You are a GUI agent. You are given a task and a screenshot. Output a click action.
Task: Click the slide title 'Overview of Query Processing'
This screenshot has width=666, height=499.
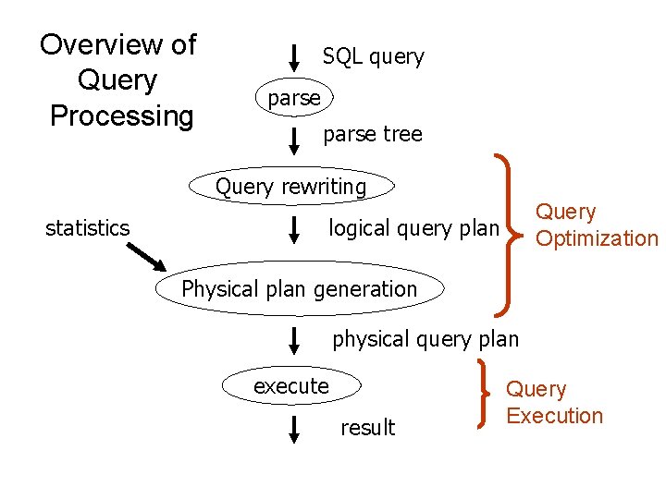pyautogui.click(x=119, y=80)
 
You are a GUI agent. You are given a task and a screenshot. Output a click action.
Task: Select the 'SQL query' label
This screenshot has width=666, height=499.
pyautogui.click(x=373, y=57)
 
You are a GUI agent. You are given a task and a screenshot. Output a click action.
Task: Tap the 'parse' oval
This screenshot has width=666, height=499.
pyautogui.click(x=293, y=98)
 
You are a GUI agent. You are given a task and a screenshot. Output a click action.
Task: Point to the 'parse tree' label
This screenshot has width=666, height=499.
pyautogui.click(x=372, y=135)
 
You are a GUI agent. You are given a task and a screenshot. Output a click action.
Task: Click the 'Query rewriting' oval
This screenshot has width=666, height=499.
pyautogui.click(x=291, y=187)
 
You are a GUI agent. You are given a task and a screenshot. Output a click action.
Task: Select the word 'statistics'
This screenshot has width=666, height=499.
pyautogui.click(x=87, y=228)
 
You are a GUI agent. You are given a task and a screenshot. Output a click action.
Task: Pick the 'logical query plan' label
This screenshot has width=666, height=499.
pyautogui.click(x=413, y=228)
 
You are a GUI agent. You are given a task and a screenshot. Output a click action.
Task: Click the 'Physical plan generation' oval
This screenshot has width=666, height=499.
pyautogui.click(x=299, y=289)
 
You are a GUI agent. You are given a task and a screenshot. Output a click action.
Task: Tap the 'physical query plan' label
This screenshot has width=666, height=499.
pyautogui.click(x=425, y=339)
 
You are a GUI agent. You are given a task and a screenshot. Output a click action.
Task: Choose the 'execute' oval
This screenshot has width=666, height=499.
pyautogui.click(x=291, y=386)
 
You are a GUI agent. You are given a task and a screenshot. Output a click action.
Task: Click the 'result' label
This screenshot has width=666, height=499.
pyautogui.click(x=367, y=428)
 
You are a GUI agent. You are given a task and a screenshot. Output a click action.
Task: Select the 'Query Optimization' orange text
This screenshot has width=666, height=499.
pyautogui.click(x=596, y=226)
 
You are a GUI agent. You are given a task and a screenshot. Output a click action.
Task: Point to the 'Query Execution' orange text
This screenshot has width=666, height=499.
pyautogui.click(x=554, y=403)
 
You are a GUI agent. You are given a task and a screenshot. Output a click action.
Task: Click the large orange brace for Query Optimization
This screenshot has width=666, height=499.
pyautogui.click(x=510, y=231)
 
